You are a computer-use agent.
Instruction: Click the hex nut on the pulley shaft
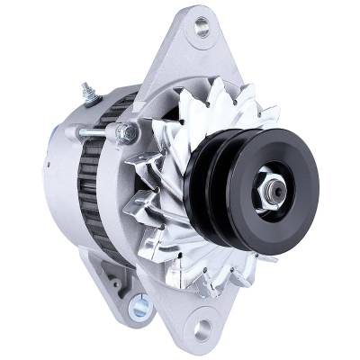pyautogui.click(x=275, y=188)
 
